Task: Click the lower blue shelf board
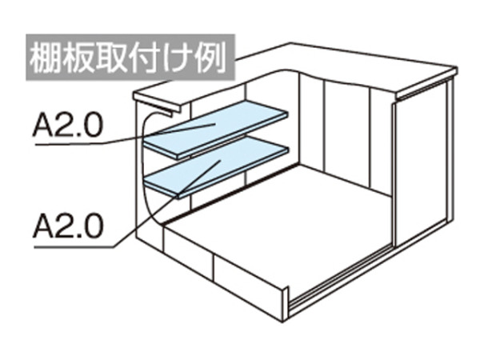point(216,166)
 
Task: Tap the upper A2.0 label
point(68,124)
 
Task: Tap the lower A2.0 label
point(68,226)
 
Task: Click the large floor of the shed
point(275,221)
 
